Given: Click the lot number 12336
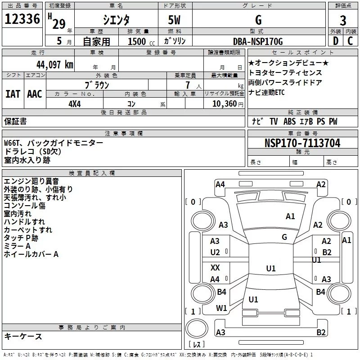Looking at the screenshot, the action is click(22, 19).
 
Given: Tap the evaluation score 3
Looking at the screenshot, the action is click(343, 20).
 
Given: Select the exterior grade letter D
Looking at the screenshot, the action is click(336, 41).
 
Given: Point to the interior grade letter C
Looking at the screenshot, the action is click(350, 41).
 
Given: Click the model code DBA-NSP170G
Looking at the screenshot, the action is click(258, 41).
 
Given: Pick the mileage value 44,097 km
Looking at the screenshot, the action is click(55, 65).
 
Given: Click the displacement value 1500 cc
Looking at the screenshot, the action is click(141, 41).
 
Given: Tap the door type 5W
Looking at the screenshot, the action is click(174, 20).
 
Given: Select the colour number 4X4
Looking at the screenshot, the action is click(75, 104).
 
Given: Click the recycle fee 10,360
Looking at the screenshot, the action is click(225, 104).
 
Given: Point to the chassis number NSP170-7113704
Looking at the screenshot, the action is click(302, 143).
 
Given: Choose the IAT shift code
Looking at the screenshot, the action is click(13, 94).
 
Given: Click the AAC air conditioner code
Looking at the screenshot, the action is click(35, 94).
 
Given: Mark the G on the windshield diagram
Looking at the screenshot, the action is click(284, 237).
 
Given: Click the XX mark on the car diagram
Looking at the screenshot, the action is click(215, 267).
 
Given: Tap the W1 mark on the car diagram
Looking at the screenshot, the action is click(221, 308).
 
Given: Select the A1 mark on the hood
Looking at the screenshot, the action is click(290, 216).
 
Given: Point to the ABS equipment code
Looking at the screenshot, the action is click(289, 121).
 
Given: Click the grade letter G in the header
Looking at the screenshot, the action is click(258, 20).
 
